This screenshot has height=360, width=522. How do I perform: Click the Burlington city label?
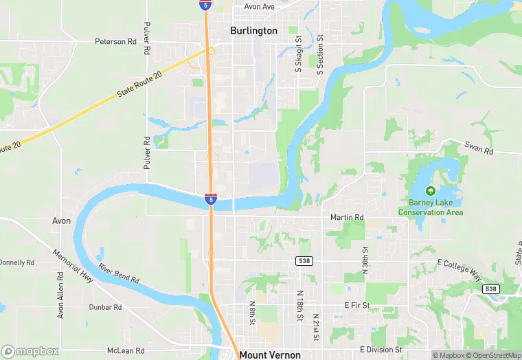click(x=254, y=31)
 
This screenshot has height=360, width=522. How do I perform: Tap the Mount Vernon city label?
click(x=270, y=355)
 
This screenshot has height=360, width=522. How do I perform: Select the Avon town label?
click(x=62, y=221)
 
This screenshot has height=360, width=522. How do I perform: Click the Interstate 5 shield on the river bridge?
click(x=211, y=199)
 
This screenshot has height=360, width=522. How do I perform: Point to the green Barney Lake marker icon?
click(x=431, y=191)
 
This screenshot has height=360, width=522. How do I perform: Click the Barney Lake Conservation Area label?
click(x=431, y=207)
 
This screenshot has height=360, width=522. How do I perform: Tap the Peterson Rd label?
click(x=115, y=42)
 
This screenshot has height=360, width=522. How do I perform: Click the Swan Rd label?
click(x=479, y=150)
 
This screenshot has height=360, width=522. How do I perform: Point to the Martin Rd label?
click(x=347, y=218)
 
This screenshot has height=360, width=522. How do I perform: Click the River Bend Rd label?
click(x=119, y=273)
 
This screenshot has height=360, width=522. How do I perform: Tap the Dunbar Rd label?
click(x=105, y=307)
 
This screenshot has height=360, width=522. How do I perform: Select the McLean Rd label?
click(x=126, y=350)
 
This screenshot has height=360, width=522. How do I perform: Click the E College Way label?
click(x=459, y=270)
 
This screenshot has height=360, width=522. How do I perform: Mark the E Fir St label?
click(x=357, y=304)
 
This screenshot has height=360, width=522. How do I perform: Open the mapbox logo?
click(x=31, y=351)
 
